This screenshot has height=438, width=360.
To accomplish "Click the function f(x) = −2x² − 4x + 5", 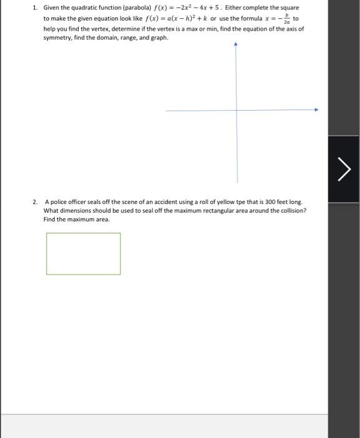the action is pyautogui.click(x=182, y=8).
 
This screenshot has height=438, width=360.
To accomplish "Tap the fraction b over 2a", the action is pyautogui.click(x=287, y=19).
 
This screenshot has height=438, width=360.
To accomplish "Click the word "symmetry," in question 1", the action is pyautogui.click(x=57, y=38).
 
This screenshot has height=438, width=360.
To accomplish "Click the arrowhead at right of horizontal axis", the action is pyautogui.click(x=316, y=110).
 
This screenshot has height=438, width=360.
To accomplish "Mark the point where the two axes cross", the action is pyautogui.click(x=236, y=110).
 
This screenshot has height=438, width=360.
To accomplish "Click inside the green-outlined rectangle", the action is pyautogui.click(x=83, y=253).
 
